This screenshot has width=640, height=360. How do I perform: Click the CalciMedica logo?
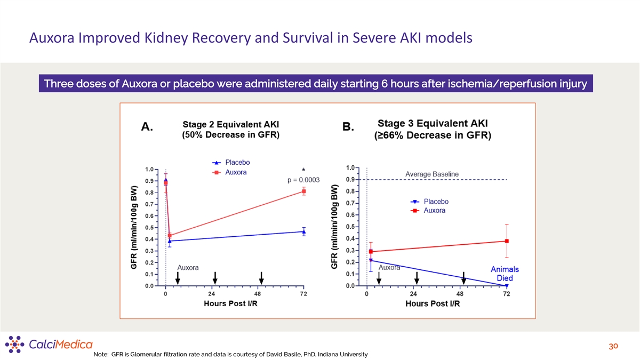click(x=49, y=344)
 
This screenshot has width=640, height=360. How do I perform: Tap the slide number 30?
click(x=613, y=347)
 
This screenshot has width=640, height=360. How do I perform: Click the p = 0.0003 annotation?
click(x=303, y=180)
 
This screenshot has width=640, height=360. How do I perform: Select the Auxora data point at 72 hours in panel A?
click(x=304, y=191)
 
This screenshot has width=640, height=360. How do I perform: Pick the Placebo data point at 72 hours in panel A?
click(x=304, y=231)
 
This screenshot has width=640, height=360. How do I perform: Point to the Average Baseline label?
click(x=432, y=174)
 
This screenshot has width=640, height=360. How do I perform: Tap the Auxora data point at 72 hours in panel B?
click(x=507, y=241)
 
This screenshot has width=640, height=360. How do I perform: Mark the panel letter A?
click(x=147, y=127)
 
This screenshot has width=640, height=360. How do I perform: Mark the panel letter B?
click(x=348, y=127)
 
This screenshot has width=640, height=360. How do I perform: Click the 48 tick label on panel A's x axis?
click(x=258, y=294)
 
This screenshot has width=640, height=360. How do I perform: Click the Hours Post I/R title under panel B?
click(x=433, y=304)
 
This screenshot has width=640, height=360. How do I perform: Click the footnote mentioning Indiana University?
click(x=230, y=355)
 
